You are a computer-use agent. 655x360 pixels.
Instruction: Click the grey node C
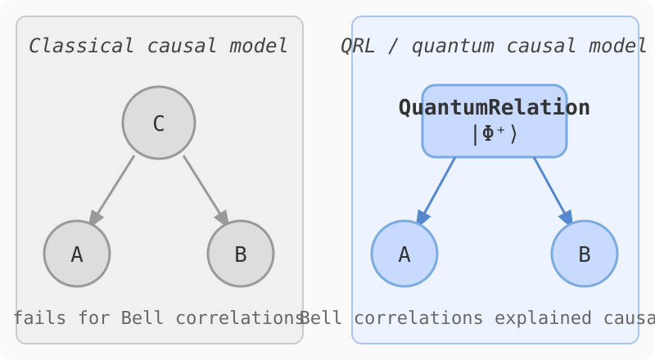(x=159, y=123)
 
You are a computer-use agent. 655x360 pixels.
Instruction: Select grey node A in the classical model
(x=77, y=254)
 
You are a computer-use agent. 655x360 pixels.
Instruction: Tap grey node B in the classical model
(x=241, y=254)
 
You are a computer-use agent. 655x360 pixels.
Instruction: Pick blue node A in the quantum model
(x=404, y=254)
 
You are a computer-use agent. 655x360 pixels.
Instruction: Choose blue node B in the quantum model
(x=585, y=254)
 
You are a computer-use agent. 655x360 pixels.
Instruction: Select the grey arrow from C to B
(x=205, y=189)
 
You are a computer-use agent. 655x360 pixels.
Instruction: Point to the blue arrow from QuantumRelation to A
(x=436, y=189)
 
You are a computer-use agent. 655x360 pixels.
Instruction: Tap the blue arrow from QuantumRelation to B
(x=553, y=189)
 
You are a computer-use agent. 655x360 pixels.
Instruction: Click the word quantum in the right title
(x=446, y=46)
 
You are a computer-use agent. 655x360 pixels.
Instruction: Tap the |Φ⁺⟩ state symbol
(x=495, y=133)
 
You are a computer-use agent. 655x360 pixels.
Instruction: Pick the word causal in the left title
(x=177, y=46)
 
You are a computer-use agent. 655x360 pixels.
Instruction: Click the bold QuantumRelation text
(x=495, y=107)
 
